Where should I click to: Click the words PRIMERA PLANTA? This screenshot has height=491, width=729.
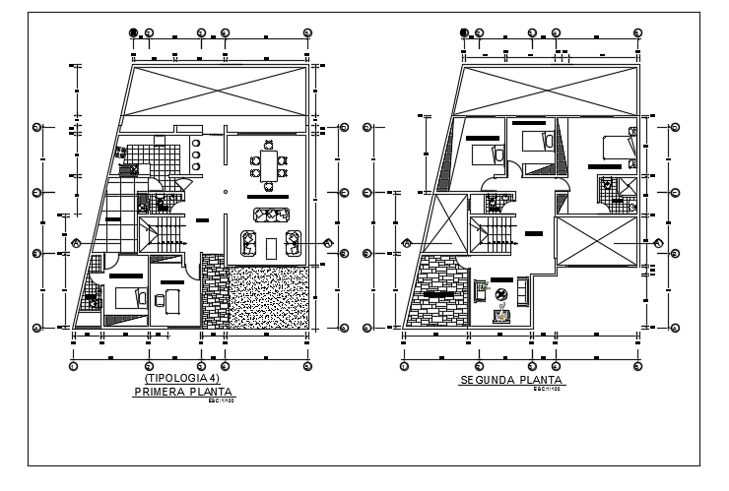pyautogui.click(x=185, y=392)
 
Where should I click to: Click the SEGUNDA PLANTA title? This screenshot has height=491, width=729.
pyautogui.click(x=510, y=380)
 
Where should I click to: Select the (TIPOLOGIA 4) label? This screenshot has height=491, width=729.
pyautogui.click(x=184, y=379)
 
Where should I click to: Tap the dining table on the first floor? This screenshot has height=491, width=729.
pyautogui.click(x=268, y=164)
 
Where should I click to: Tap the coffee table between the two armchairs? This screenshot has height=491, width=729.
pyautogui.click(x=269, y=241)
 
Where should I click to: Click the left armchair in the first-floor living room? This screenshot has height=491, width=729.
pyautogui.click(x=248, y=241)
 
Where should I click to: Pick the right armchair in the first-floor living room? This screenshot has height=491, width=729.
pyautogui.click(x=291, y=241)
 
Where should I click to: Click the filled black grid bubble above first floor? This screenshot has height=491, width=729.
pyautogui.click(x=133, y=32)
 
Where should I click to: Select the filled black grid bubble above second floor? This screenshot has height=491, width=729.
pyautogui.click(x=464, y=32)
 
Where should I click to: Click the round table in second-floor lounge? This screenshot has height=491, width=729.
pyautogui.click(x=500, y=293)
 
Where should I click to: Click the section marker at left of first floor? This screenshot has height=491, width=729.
pyautogui.click(x=76, y=242)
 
